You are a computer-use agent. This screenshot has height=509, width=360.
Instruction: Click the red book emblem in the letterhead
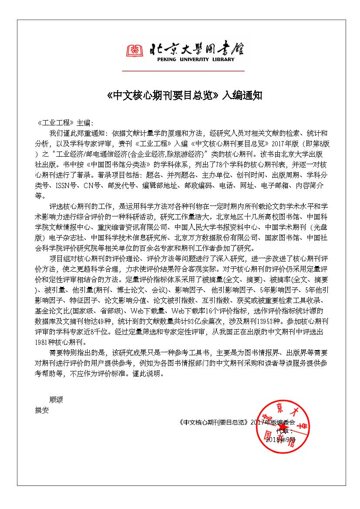point(135,51)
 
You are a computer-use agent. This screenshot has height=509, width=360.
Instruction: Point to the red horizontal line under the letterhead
point(183,71)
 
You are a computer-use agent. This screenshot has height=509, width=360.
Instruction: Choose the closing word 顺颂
point(56,399)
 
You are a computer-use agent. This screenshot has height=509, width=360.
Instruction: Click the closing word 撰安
point(42,410)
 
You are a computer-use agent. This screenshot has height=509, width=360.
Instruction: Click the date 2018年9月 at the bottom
point(280,439)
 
